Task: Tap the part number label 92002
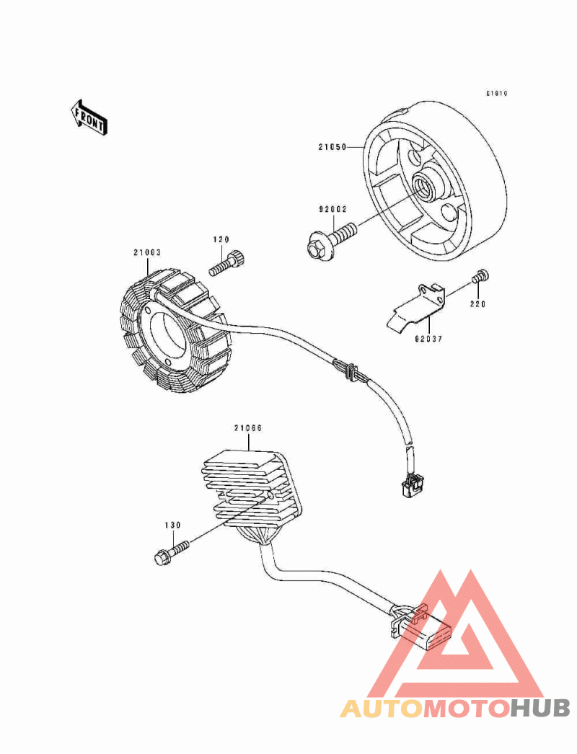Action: point(334,209)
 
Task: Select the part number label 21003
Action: point(146,252)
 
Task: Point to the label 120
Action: point(220,239)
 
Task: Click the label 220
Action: point(479,304)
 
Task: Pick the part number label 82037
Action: point(428,336)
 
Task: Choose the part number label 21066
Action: point(247,428)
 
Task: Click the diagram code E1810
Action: point(497,94)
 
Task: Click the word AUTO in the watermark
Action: point(382,708)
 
